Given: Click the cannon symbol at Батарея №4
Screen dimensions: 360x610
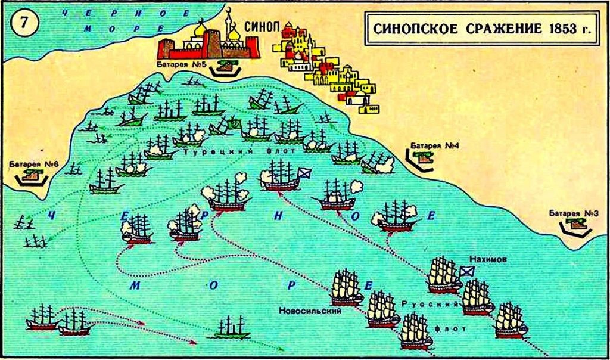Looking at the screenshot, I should point(424,156).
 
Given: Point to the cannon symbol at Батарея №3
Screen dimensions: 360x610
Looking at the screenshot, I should point(575,224).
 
